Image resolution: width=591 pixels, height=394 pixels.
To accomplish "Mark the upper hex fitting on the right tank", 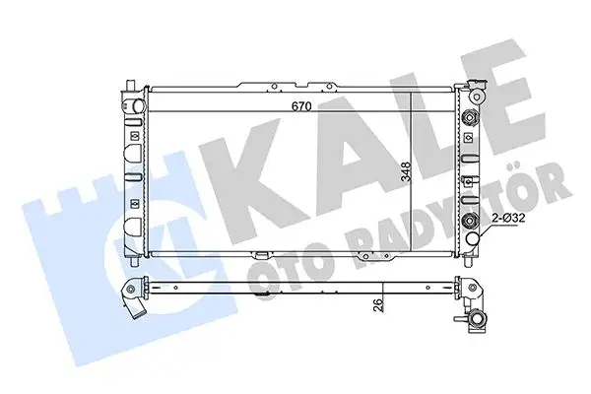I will tap(472, 118).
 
